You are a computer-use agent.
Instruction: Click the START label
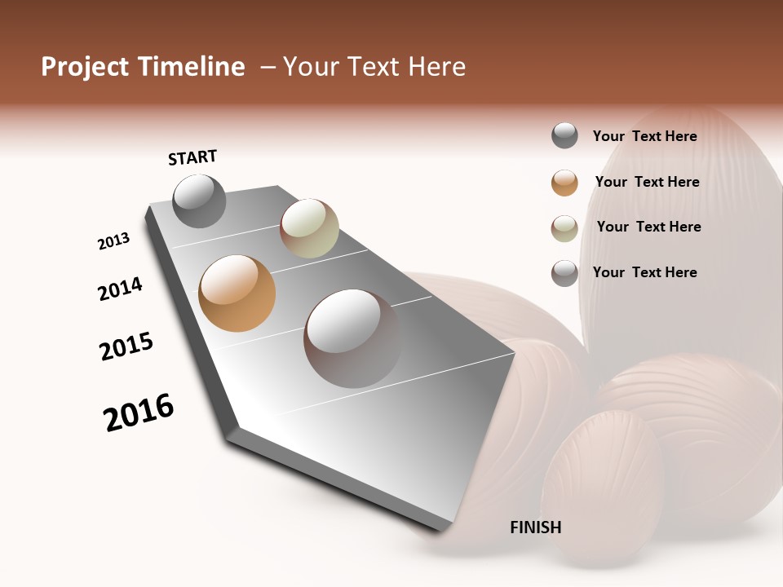click(x=192, y=157)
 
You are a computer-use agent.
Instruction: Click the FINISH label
click(x=536, y=527)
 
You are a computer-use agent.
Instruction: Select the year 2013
click(x=113, y=241)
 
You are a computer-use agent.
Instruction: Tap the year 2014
click(x=120, y=289)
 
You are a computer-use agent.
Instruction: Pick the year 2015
click(x=126, y=347)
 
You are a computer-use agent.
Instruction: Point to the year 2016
click(x=139, y=413)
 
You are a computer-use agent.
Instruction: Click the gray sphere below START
click(x=199, y=201)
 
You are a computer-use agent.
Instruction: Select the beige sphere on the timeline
click(x=309, y=228)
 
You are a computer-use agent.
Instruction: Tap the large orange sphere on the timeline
click(x=237, y=293)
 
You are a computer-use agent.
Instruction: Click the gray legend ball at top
click(x=564, y=136)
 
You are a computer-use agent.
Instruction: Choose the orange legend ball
click(x=564, y=183)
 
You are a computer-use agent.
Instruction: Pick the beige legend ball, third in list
click(x=564, y=228)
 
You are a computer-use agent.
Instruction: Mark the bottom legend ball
click(x=564, y=273)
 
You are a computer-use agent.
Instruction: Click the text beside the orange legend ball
click(x=647, y=182)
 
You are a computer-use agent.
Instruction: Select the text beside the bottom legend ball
click(x=644, y=272)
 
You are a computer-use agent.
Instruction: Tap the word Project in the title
click(x=85, y=67)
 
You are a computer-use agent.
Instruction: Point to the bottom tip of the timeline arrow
click(x=445, y=528)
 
